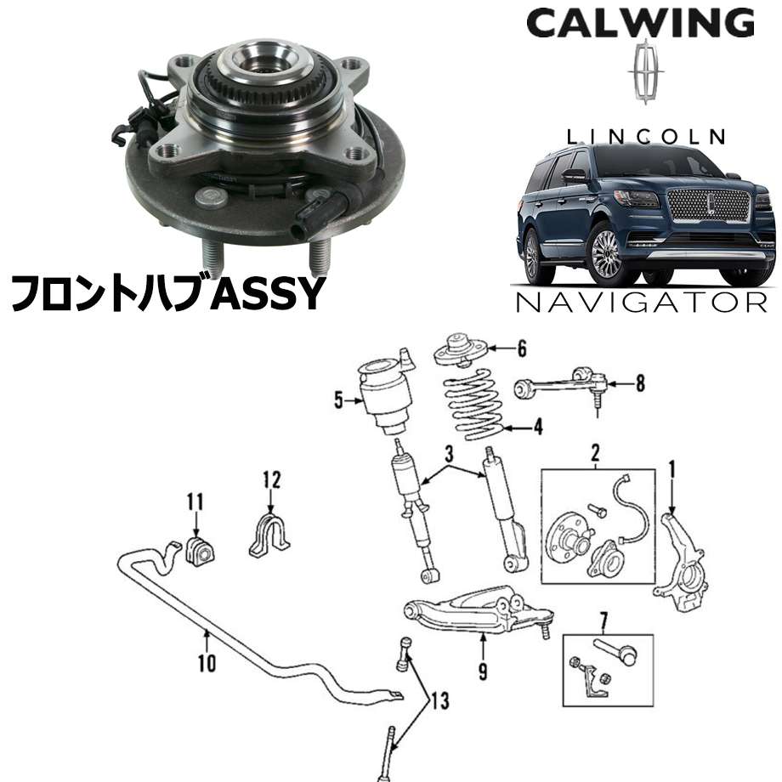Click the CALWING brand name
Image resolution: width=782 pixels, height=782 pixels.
(640, 23)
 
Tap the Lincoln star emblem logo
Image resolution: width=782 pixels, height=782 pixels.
(646, 71)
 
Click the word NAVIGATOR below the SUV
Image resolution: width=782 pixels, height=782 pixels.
(642, 303)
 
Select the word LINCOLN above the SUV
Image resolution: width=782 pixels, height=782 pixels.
(646, 137)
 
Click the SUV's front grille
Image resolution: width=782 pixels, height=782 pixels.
(709, 206)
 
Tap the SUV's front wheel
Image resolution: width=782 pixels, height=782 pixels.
(607, 253)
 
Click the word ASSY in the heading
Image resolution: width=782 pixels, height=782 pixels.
(267, 293)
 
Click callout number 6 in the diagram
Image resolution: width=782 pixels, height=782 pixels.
(522, 349)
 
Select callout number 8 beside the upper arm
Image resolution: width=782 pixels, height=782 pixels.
(640, 383)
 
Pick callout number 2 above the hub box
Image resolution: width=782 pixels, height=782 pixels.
(596, 453)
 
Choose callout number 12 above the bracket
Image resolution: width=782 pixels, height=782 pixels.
(272, 479)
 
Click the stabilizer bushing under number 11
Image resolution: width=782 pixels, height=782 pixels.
(200, 552)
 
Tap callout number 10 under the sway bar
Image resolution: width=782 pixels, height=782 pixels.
(207, 663)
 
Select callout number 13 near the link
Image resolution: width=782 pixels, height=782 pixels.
(440, 700)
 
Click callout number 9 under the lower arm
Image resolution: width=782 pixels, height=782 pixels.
(483, 671)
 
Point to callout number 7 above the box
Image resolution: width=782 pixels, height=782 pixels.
(604, 620)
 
